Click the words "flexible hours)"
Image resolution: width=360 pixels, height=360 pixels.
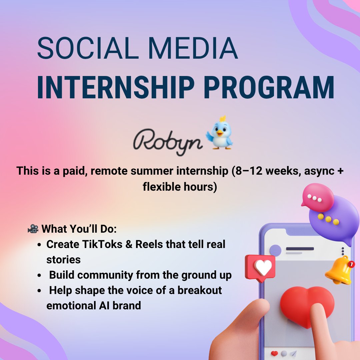180,187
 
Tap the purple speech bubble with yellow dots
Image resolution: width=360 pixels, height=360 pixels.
333,220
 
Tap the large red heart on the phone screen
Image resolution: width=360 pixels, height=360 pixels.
307,305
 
